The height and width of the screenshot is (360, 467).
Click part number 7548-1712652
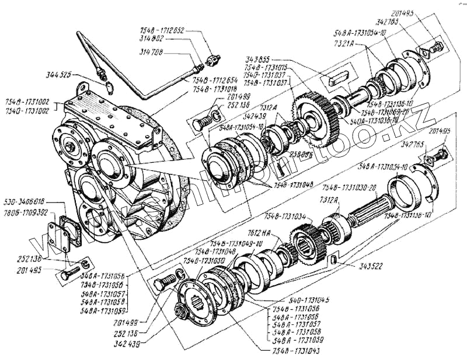click(x=161, y=30)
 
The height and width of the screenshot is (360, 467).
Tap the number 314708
click(x=154, y=53)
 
